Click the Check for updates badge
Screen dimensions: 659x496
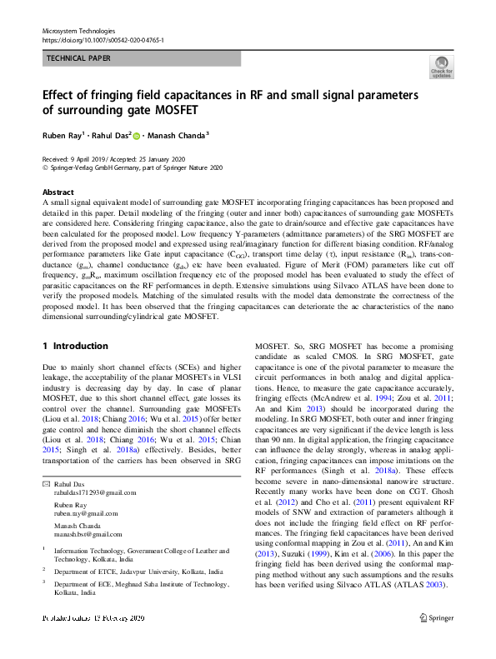point(441,67)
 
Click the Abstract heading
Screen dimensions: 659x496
point(58,192)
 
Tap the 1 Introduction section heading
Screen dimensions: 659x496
point(75,346)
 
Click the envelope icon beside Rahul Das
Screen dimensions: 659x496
point(46,484)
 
